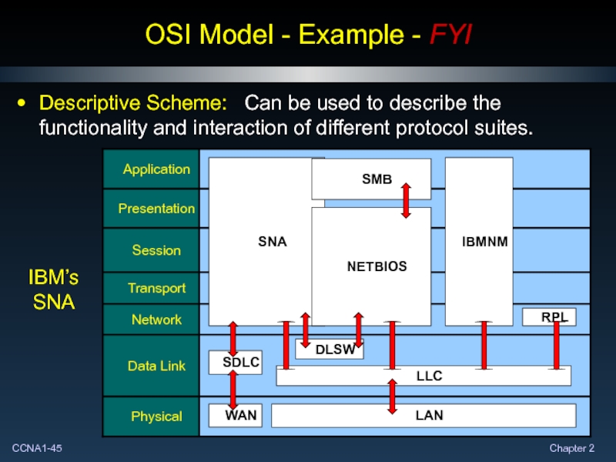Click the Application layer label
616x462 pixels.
156,169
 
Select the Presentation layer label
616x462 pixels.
156,209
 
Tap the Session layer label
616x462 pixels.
156,250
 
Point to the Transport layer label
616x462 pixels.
156,288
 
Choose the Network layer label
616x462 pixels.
156,320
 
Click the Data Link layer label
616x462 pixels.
156,367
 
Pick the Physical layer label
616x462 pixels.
156,417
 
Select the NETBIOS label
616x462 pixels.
377,266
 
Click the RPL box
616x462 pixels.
550,316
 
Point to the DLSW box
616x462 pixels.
330,350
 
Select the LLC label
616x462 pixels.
429,376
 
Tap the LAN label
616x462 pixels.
429,416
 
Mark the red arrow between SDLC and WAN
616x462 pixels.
232,390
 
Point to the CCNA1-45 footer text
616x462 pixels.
37,448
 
